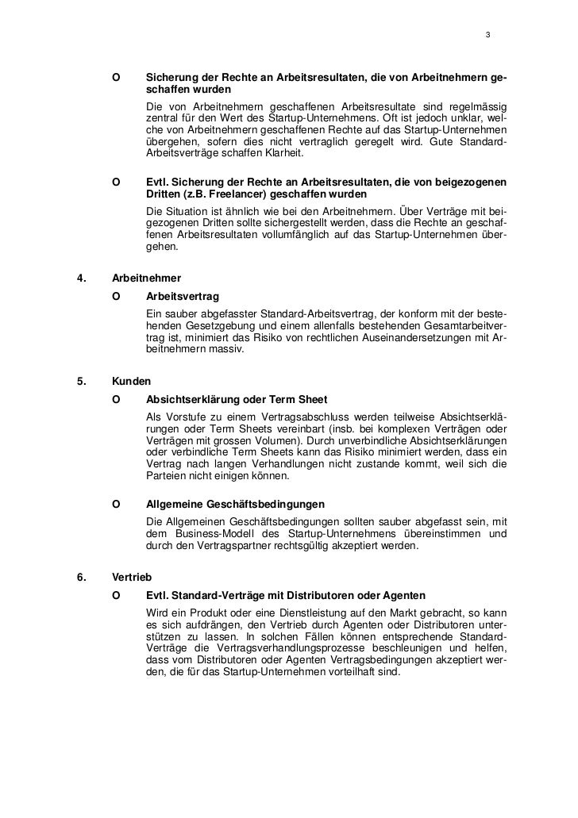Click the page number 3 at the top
point(487,36)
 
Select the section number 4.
point(79,278)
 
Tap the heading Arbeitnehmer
point(147,278)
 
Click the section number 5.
point(79,381)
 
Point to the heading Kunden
point(130,381)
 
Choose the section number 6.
point(79,578)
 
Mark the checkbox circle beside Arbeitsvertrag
point(117,296)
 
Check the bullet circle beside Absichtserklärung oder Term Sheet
point(117,398)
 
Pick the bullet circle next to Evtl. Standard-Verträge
point(117,595)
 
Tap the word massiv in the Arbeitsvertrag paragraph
point(231,350)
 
